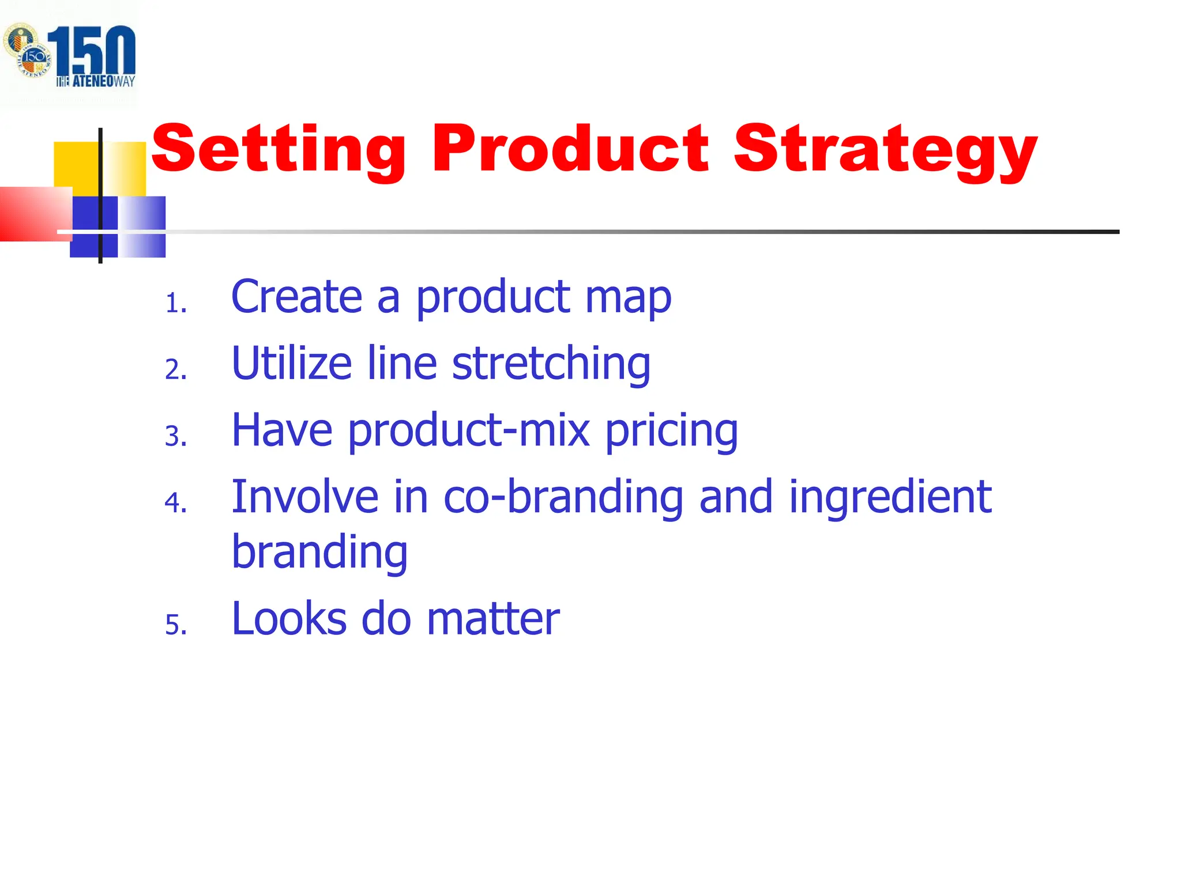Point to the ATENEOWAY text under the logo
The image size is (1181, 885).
click(x=96, y=81)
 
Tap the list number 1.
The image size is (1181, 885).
click(x=175, y=303)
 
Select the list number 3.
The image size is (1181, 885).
click(x=175, y=436)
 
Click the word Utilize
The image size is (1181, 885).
click(x=291, y=364)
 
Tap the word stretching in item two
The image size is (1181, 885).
click(x=551, y=365)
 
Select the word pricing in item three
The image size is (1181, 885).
click(x=671, y=431)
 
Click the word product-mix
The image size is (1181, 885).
click(x=469, y=431)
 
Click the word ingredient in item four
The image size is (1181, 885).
click(x=890, y=498)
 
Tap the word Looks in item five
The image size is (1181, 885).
click(x=289, y=619)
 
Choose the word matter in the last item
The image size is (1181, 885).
click(x=493, y=619)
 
